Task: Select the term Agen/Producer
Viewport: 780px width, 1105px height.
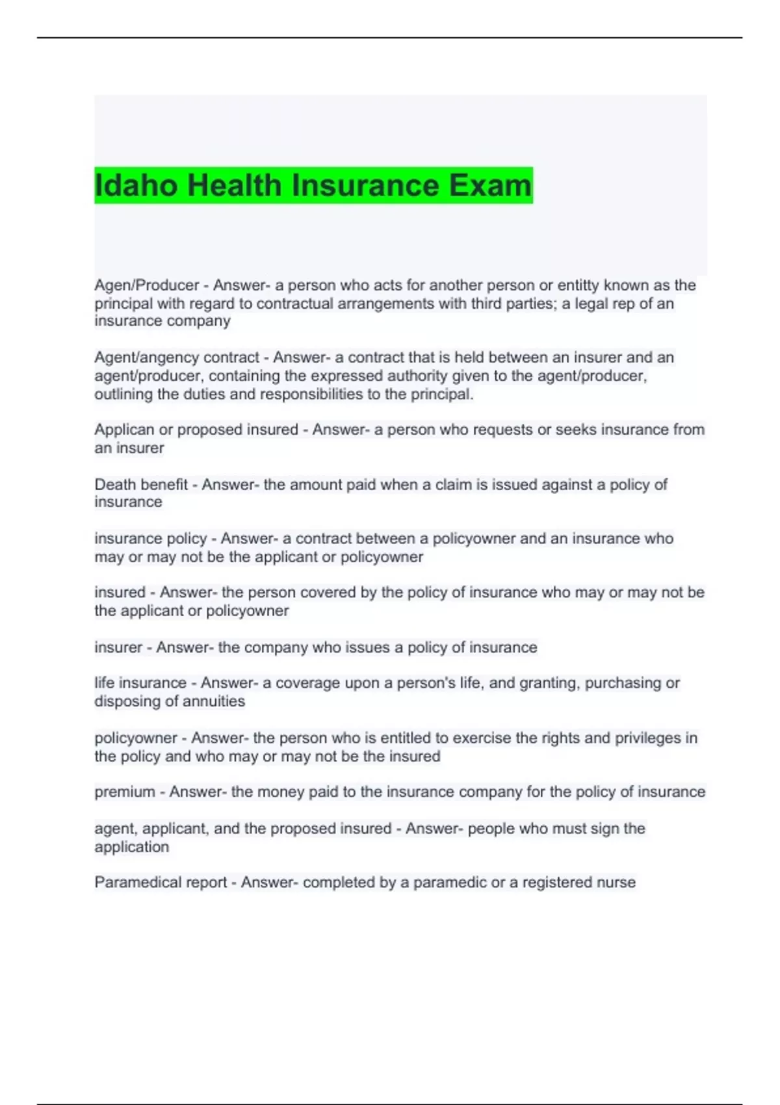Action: coord(147,285)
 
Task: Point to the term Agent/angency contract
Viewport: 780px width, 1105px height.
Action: coord(177,357)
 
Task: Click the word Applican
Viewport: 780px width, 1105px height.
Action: coord(123,430)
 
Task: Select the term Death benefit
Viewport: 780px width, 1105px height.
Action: coord(141,484)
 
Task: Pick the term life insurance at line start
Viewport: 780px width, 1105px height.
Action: coord(140,683)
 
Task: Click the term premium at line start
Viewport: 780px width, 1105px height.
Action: coord(125,792)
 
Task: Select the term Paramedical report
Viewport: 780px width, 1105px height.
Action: coord(161,883)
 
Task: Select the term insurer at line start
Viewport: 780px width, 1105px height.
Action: coord(118,647)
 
